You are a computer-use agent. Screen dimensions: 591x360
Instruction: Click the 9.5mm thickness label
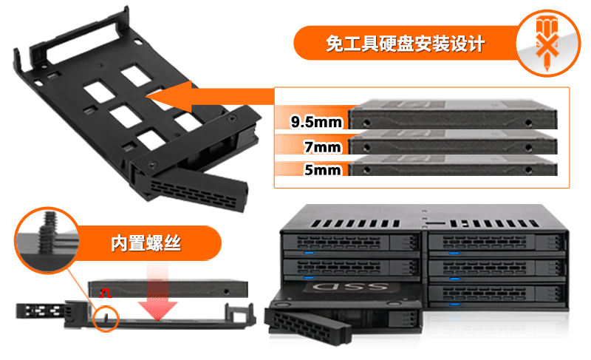(x=316, y=122)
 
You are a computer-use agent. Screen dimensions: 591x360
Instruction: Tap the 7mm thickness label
(x=323, y=146)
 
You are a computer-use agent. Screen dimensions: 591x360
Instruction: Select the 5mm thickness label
(x=323, y=169)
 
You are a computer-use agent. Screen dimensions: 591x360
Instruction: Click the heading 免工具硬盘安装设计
(x=405, y=44)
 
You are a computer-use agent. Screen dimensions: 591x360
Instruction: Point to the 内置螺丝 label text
(x=146, y=243)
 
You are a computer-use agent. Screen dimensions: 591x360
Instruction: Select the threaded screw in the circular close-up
(x=47, y=232)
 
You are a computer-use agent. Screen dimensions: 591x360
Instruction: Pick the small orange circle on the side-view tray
(x=106, y=319)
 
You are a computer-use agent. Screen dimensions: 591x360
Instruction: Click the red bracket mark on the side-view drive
(x=105, y=293)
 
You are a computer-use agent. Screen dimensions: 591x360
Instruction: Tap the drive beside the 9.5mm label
(x=452, y=115)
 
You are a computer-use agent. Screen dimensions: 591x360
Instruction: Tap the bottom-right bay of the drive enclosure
(x=496, y=293)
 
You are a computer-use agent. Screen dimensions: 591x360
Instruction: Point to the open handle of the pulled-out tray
(x=307, y=325)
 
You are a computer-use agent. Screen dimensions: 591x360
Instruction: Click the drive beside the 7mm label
(x=452, y=142)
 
